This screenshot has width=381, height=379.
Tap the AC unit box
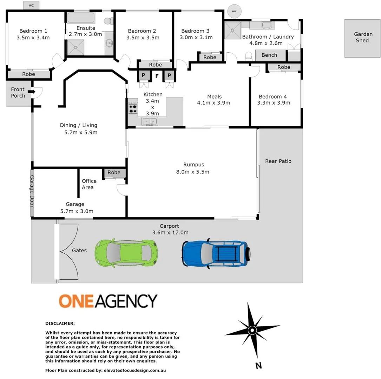32,5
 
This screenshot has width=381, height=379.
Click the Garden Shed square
361,38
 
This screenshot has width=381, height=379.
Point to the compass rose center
252,330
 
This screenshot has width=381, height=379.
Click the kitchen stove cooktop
133,108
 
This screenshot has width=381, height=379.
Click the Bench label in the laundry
269,55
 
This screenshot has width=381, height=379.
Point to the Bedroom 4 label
274,97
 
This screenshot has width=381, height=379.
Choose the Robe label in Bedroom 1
28,74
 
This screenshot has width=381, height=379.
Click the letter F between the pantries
157,75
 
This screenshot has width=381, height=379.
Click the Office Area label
89,184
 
